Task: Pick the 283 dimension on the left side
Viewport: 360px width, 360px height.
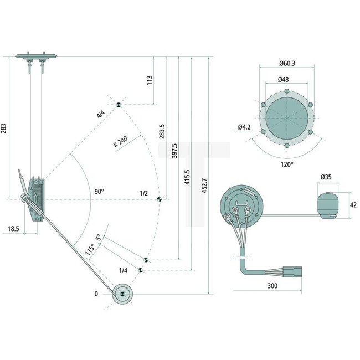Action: pyautogui.click(x=5, y=128)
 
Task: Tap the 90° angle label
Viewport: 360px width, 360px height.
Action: pyautogui.click(x=99, y=192)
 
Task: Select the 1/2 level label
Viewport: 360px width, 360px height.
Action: pyautogui.click(x=144, y=193)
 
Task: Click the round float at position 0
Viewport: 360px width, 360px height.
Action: pyautogui.click(x=122, y=294)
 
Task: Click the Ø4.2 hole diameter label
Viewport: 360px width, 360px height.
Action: pyautogui.click(x=245, y=127)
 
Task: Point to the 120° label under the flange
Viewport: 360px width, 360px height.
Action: pyautogui.click(x=286, y=164)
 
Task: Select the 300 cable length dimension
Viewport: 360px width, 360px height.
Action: pyautogui.click(x=271, y=286)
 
